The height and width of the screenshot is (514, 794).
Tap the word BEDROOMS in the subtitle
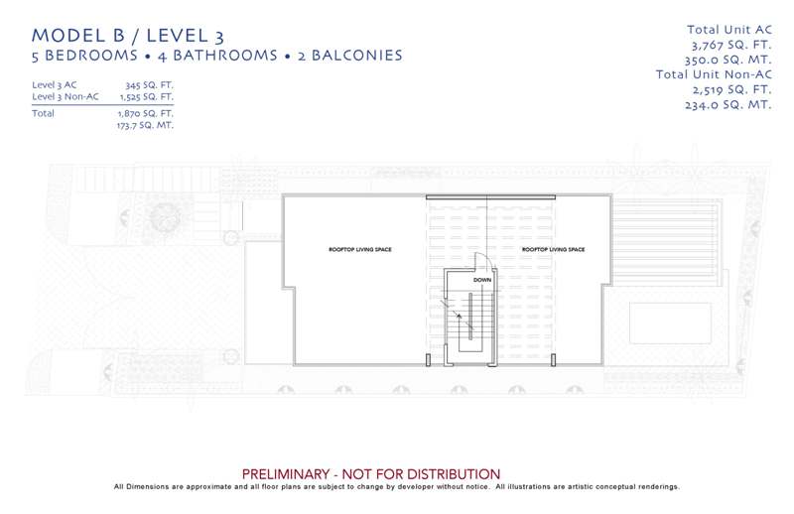pos(91,56)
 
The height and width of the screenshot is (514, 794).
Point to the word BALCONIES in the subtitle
pos(357,56)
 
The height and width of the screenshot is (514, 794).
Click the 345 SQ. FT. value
pos(150,85)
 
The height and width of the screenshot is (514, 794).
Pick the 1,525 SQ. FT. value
pos(147,96)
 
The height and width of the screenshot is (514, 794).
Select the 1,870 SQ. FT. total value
pos(146,113)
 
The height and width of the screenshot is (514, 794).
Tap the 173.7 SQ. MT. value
pos(145,125)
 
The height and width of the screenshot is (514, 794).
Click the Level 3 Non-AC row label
pos(66,96)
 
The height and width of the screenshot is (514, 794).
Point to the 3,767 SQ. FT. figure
pos(731,45)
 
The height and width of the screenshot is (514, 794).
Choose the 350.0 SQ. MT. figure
pos(728,60)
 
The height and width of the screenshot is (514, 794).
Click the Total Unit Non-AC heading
pos(714,74)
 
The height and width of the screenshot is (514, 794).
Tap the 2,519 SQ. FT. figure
pos(732,89)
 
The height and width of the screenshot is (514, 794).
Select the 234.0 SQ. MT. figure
pos(728,105)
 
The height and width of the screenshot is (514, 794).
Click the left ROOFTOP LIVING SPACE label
pos(360,249)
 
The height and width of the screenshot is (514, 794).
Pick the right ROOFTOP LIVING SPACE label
pos(554,249)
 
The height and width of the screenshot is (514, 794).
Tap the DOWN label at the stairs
pos(482,280)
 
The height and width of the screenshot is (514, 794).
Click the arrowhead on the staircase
pos(460,316)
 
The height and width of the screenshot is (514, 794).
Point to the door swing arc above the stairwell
pos(486,257)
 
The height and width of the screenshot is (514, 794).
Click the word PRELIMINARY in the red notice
pos(286,474)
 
